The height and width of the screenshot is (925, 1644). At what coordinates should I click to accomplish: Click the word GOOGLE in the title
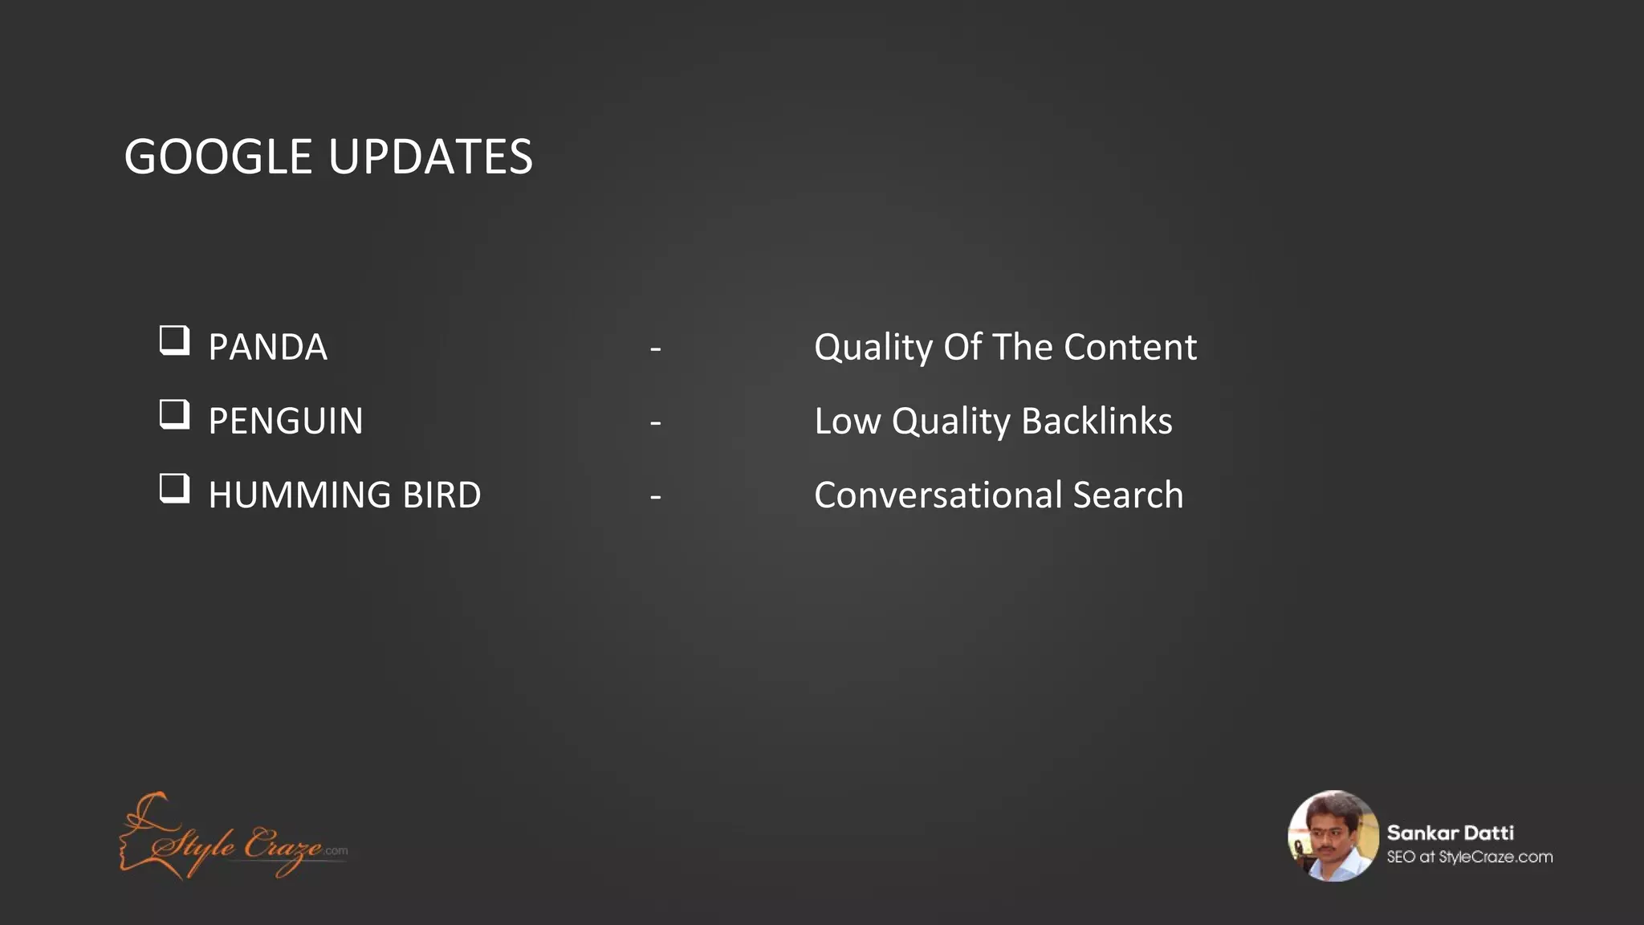pos(218,157)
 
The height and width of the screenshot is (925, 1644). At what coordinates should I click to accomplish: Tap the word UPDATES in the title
pos(430,157)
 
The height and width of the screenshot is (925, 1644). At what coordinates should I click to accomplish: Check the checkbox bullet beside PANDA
pos(174,340)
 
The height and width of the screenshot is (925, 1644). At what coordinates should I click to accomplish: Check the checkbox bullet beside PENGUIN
pos(174,414)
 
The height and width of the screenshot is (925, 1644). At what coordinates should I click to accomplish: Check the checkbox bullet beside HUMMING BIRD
pos(174,488)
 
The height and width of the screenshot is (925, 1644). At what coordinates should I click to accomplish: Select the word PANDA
pos(267,348)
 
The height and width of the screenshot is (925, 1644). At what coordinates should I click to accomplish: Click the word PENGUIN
pos(286,422)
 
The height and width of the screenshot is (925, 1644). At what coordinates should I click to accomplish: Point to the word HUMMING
pos(299,495)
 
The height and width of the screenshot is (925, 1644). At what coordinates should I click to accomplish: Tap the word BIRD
pos(442,495)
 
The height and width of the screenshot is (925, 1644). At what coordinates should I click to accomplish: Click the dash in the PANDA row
pos(656,349)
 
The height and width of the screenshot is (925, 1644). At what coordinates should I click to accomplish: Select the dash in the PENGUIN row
pos(656,423)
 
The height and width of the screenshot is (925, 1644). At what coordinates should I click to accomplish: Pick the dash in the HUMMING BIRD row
pos(656,497)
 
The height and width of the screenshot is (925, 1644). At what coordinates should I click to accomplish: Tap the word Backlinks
pos(1097,422)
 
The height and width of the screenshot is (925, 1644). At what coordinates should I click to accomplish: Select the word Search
pos(1128,495)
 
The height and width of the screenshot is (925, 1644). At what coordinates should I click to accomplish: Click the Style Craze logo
pos(233,837)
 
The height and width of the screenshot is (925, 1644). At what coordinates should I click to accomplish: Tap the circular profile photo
pos(1333,836)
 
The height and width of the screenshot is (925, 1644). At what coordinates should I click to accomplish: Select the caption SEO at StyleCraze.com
pos(1469,858)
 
